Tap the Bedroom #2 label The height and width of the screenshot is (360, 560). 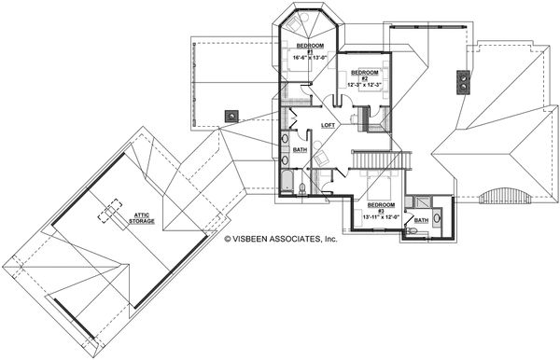point(364,73)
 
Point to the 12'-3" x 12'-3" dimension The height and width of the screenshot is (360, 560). point(364,84)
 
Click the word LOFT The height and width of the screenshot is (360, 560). point(329,125)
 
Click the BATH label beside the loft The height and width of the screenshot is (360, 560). point(300,149)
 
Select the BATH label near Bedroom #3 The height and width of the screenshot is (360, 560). point(421,221)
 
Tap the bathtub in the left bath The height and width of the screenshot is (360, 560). point(285,177)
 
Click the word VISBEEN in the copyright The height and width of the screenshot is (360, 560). point(256,238)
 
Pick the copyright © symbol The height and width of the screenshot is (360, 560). point(226,238)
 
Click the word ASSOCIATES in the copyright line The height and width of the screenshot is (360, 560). point(301,238)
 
